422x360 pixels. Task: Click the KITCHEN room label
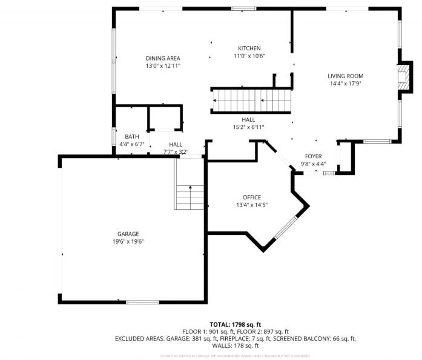249,48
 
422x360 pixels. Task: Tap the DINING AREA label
163,58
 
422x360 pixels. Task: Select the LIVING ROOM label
346,76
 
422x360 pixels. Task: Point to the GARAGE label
128,234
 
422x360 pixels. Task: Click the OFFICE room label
252,198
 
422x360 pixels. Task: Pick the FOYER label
313,156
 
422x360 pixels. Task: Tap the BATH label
131,137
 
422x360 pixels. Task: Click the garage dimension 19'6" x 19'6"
128,241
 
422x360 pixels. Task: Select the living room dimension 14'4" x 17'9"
346,84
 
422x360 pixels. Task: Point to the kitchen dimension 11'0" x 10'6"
249,56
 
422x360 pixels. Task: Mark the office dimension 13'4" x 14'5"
252,205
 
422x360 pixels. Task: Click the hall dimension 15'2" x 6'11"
248,127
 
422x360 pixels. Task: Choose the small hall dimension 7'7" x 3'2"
176,152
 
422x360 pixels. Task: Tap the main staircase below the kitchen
251,99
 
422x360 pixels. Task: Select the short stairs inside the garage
190,197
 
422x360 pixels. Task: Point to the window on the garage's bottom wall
142,302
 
